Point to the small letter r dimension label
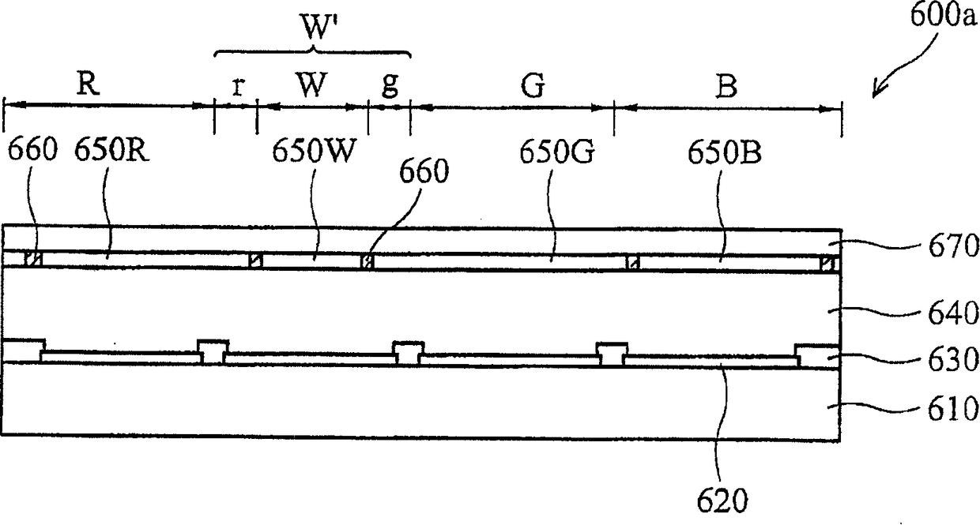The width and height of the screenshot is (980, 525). click(237, 87)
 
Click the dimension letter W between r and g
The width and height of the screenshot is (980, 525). click(312, 86)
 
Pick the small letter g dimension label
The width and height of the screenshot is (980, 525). click(389, 87)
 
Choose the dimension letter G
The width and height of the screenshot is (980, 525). click(534, 86)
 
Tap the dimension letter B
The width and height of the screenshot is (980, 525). click(726, 86)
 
